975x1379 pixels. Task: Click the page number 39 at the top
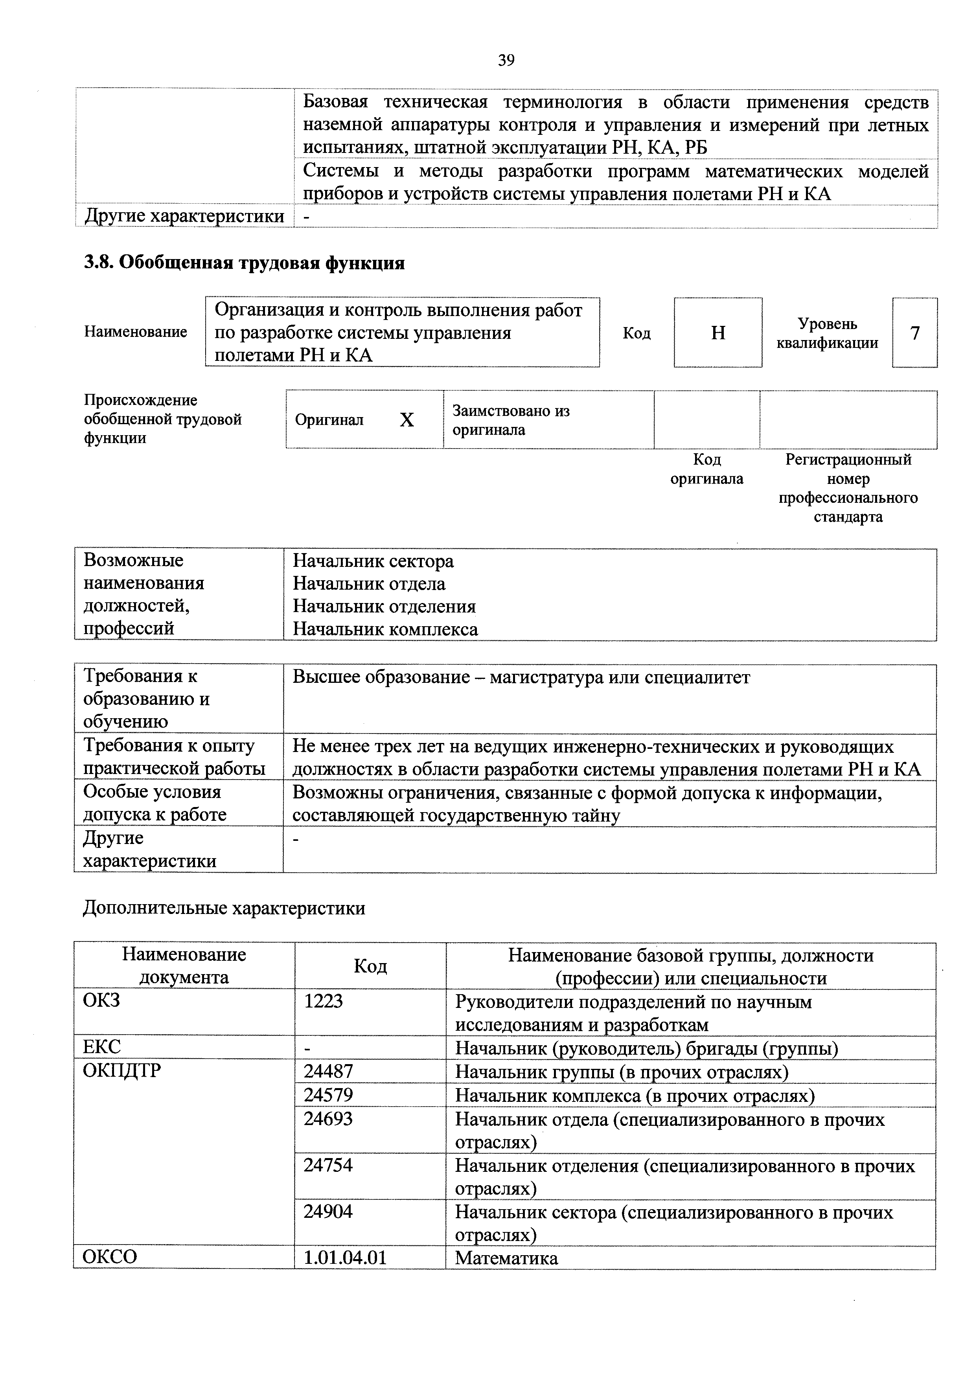506,60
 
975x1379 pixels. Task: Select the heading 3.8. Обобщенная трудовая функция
244,263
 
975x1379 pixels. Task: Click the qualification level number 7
914,333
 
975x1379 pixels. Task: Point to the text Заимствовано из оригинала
511,420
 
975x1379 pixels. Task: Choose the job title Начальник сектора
373,561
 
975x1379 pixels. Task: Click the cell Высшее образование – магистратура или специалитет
521,677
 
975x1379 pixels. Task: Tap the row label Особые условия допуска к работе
155,803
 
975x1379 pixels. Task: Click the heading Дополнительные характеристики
223,908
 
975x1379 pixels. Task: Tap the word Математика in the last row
506,1258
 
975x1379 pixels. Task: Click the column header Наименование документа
184,966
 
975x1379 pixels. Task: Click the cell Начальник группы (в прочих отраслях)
622,1072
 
